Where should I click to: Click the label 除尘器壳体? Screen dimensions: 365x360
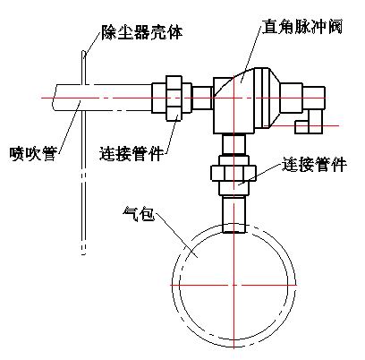(142, 32)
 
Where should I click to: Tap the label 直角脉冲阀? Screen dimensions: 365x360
(302, 27)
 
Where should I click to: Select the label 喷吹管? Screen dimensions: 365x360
(33, 153)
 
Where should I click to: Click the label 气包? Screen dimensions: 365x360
(139, 214)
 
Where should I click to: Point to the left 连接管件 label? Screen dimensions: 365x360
(132, 153)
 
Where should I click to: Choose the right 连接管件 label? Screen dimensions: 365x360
(314, 164)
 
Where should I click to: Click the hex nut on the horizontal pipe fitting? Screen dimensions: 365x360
(174, 98)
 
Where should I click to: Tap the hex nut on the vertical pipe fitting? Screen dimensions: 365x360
(233, 173)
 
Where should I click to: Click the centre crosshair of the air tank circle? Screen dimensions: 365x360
(233, 285)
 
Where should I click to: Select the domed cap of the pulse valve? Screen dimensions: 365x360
(267, 98)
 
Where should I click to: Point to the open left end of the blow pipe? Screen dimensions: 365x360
(54, 98)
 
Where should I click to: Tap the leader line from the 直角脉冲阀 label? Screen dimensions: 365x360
(250, 53)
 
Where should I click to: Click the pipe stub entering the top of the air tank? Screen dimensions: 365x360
(233, 214)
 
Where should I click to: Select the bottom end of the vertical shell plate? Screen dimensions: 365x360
(83, 253)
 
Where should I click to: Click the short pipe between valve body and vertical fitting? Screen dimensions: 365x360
(233, 144)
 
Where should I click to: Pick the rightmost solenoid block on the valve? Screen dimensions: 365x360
(314, 98)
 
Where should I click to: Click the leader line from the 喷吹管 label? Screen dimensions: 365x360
(68, 127)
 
